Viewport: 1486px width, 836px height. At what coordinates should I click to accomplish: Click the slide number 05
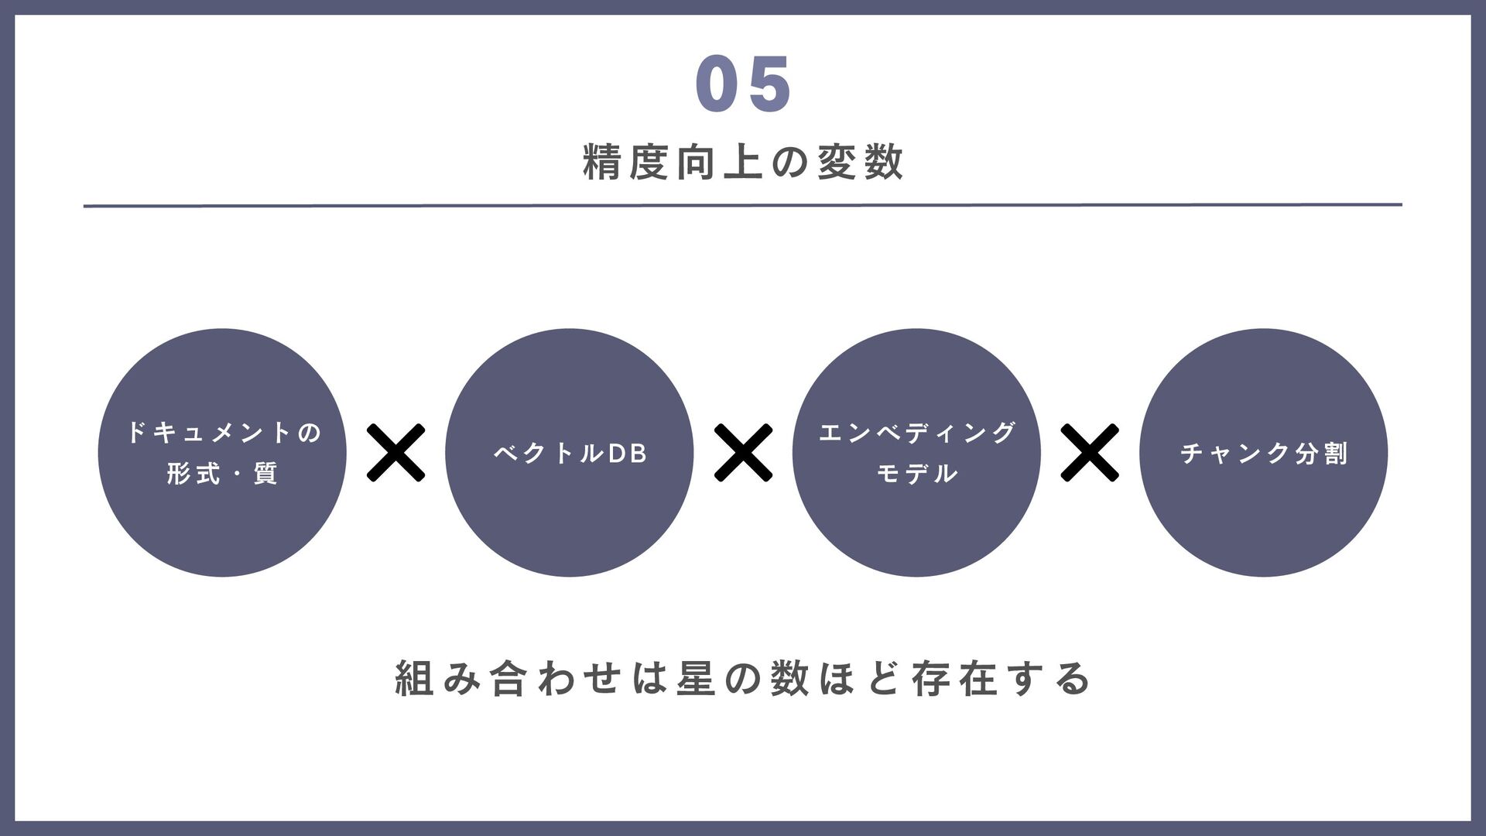[743, 84]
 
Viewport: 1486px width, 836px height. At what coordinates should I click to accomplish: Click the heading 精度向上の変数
[743, 163]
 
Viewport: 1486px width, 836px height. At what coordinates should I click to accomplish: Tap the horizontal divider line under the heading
[743, 206]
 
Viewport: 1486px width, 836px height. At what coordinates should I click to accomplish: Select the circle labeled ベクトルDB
[569, 526]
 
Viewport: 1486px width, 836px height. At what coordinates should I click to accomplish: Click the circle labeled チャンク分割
[1263, 526]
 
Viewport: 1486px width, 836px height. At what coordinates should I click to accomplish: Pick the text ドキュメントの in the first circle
[223, 432]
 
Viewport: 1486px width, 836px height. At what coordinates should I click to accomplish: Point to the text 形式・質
[223, 474]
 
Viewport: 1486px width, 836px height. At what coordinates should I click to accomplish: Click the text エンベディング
[916, 432]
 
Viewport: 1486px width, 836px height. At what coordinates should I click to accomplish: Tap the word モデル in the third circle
[916, 474]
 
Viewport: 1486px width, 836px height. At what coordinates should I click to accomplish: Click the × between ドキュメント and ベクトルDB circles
[395, 453]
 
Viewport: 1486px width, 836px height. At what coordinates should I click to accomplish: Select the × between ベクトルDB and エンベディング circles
[743, 453]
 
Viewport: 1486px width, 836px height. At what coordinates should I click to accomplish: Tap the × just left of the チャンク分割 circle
[1089, 453]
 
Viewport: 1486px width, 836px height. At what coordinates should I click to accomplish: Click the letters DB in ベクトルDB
[627, 454]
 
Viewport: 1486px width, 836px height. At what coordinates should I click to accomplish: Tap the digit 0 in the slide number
[715, 84]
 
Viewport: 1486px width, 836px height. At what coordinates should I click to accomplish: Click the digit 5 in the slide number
[770, 84]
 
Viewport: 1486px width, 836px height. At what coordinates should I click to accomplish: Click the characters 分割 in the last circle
[1321, 453]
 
